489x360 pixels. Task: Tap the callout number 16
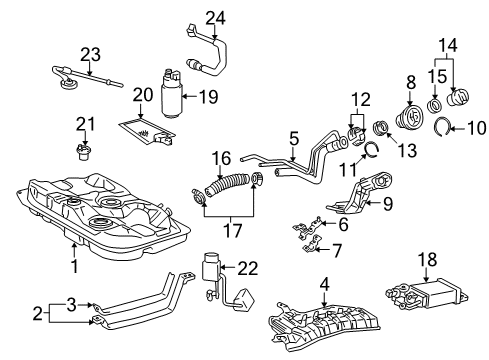222,157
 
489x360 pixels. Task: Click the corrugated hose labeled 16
225,183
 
